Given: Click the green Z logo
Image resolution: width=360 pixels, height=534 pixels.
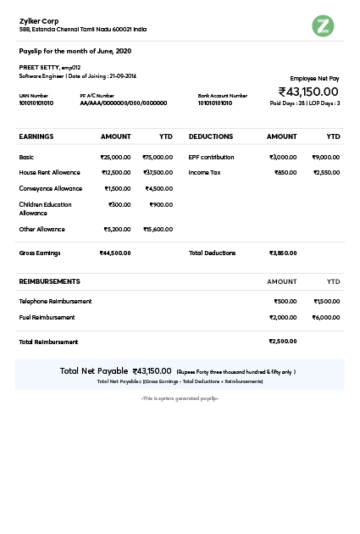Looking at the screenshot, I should [x=323, y=25].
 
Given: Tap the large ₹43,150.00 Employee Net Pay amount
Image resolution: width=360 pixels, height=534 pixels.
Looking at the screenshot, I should [x=308, y=92].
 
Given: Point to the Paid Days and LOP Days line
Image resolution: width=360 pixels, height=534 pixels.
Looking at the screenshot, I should [x=305, y=103].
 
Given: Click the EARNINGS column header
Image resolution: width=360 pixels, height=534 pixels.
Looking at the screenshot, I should [x=36, y=136].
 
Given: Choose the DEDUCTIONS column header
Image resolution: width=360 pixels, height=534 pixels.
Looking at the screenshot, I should [x=211, y=136].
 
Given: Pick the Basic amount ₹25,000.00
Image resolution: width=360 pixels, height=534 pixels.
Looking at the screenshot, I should [x=115, y=157].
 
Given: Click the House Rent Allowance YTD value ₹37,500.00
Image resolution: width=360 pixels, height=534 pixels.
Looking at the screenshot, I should [x=158, y=172].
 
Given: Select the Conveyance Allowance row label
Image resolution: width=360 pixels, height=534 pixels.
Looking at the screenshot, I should [x=51, y=188].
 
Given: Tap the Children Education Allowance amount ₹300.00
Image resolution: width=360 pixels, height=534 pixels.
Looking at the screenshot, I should [x=119, y=204].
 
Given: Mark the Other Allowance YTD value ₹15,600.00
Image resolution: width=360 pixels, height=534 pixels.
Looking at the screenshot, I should [x=158, y=229].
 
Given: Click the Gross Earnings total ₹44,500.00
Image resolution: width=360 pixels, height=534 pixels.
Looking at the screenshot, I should [x=115, y=253].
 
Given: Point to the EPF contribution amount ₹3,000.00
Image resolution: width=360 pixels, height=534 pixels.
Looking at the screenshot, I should [x=283, y=157].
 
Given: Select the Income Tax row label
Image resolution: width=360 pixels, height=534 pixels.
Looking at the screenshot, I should [x=204, y=172].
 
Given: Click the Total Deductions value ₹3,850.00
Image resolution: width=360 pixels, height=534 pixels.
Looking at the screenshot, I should [x=283, y=253].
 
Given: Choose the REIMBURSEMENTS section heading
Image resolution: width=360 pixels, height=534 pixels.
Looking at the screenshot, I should [x=49, y=281].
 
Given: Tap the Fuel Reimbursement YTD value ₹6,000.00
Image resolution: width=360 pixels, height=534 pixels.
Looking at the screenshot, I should [x=326, y=317].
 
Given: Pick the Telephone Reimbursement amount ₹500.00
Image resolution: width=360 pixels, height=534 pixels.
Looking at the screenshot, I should [x=285, y=301].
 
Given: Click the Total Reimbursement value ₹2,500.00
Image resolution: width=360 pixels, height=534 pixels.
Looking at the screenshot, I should [x=283, y=342].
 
